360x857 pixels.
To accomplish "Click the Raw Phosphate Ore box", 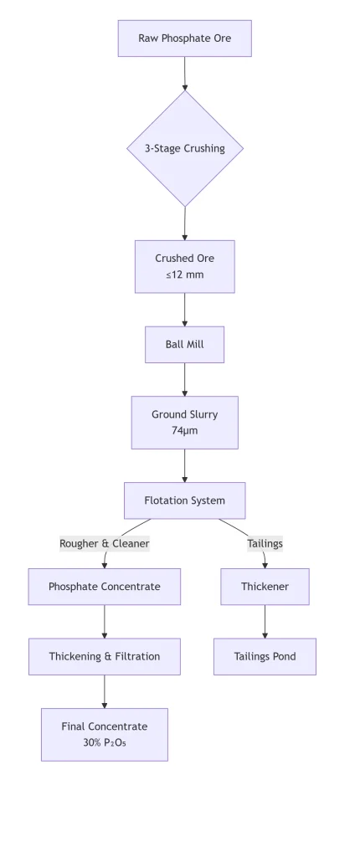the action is click(x=185, y=38).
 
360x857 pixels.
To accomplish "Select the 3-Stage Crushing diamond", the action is click(x=185, y=148).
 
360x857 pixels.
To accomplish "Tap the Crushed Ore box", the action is click(x=185, y=267).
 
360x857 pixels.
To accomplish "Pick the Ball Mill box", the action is click(x=184, y=345).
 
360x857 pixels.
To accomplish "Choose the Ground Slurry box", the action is click(x=185, y=423).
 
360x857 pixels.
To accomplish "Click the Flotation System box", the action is click(x=184, y=500).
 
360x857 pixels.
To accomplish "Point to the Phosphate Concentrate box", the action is click(x=105, y=587).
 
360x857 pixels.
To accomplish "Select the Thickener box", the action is click(x=265, y=587).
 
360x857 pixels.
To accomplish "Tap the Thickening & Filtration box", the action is click(x=105, y=656).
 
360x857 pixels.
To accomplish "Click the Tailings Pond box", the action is click(x=265, y=656).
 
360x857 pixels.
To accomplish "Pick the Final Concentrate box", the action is click(x=105, y=735).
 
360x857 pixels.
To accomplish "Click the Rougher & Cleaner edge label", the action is click(x=105, y=544).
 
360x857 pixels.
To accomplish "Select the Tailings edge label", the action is click(x=265, y=544).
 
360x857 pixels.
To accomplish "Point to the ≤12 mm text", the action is click(x=185, y=275).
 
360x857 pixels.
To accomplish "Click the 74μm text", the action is click(x=185, y=431).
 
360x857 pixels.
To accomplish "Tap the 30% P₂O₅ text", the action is click(x=105, y=743).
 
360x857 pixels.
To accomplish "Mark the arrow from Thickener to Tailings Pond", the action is click(x=265, y=622).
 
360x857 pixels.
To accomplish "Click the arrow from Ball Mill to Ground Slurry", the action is click(x=184, y=380).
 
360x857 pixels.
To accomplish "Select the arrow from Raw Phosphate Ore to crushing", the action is click(x=184, y=74).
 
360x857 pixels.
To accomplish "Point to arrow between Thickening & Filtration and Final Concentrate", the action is click(x=105, y=692).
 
